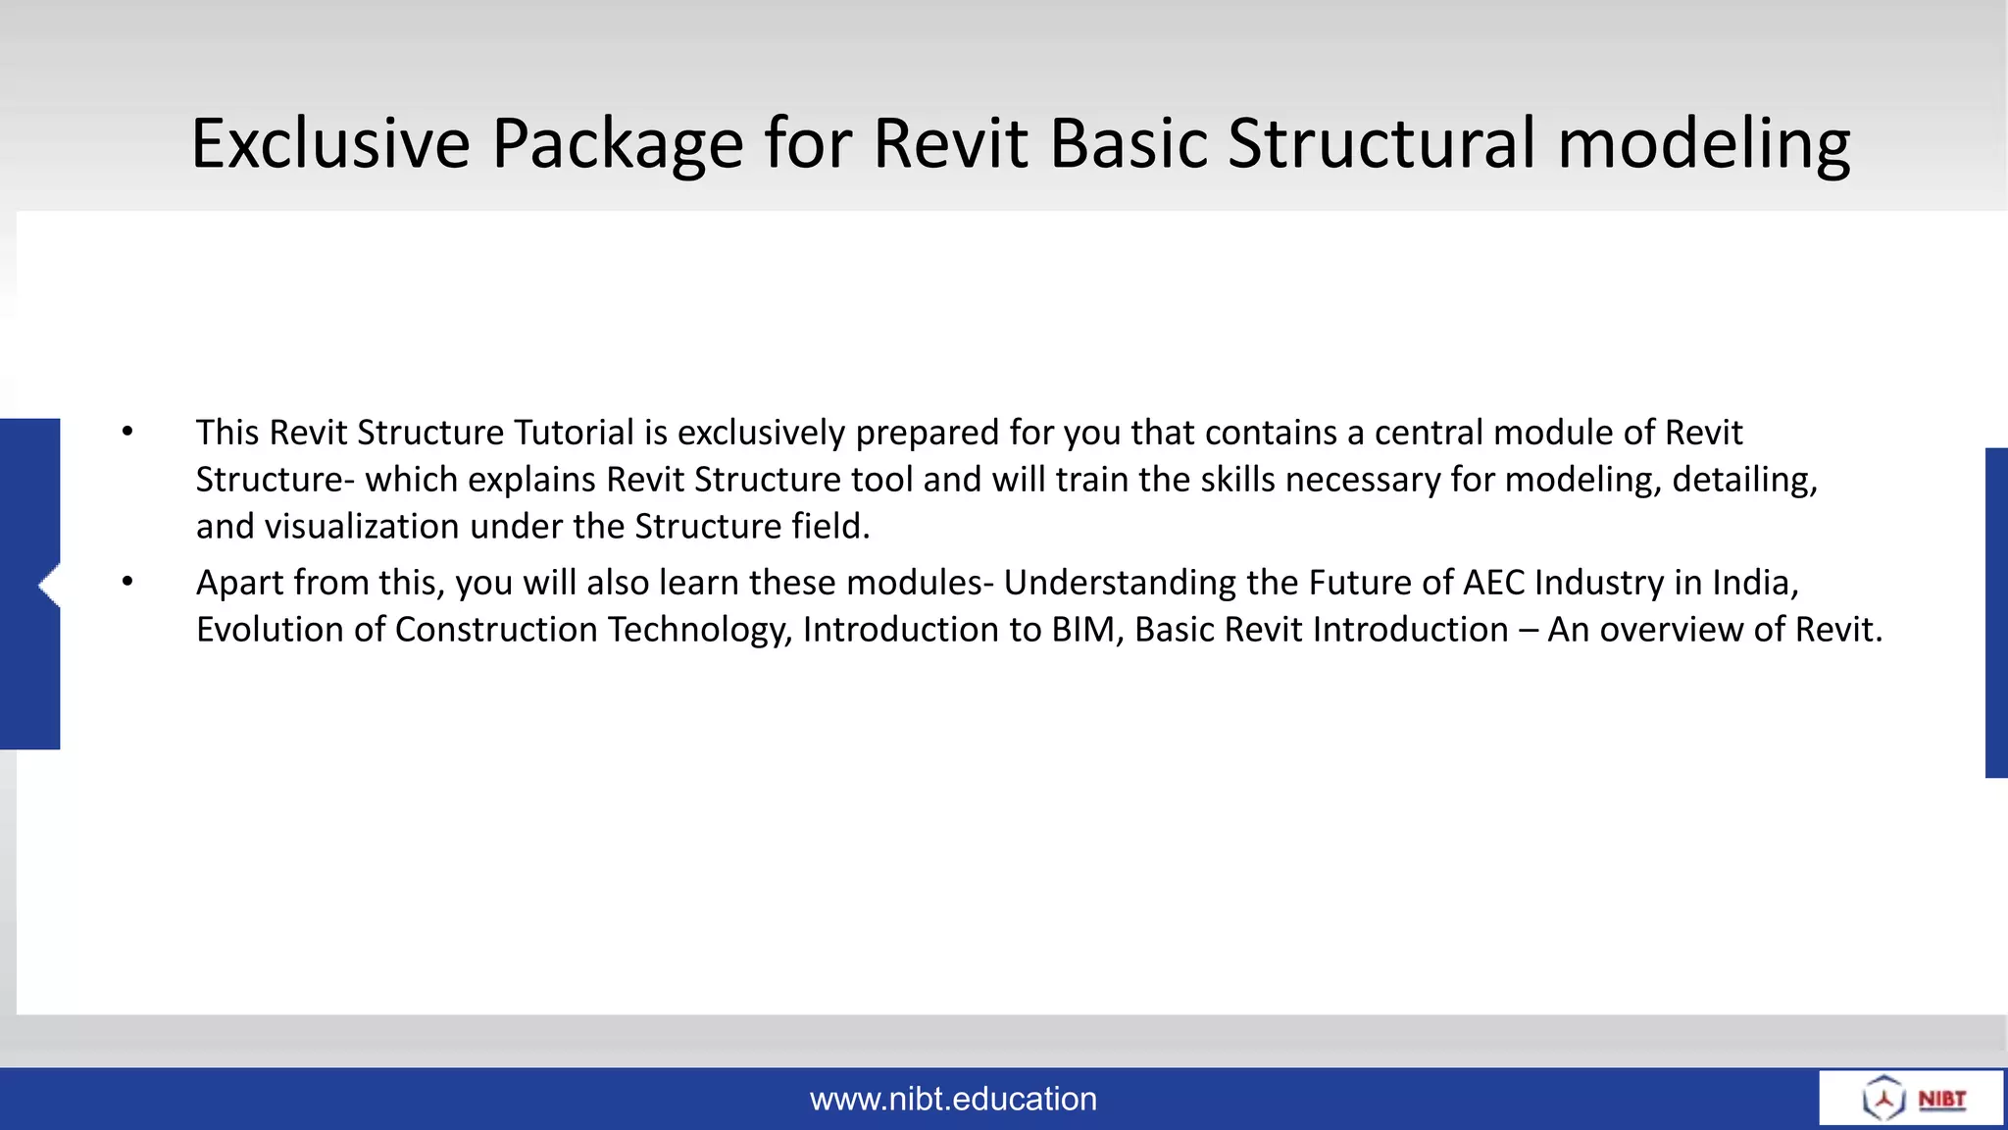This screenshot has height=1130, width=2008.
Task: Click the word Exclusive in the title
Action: point(330,144)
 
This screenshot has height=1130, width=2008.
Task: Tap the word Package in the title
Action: point(617,144)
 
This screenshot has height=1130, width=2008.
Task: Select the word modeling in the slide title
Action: point(1703,144)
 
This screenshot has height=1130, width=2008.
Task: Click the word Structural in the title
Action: point(1380,144)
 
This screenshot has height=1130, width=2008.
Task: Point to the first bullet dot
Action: point(127,432)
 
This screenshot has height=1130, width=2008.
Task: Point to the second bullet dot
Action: point(127,582)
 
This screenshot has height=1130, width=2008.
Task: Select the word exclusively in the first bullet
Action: point(761,433)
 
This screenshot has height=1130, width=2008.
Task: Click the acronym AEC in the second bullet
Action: point(1493,583)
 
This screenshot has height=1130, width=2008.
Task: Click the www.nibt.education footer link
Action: point(953,1099)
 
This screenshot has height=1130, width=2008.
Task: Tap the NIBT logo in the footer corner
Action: point(1912,1098)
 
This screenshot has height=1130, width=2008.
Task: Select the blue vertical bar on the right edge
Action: point(1996,613)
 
